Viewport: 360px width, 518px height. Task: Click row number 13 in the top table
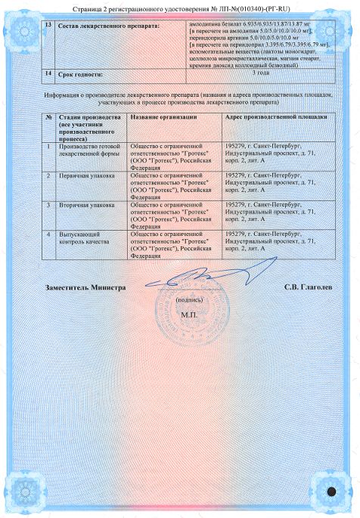49,26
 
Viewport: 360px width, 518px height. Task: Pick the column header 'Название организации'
163,118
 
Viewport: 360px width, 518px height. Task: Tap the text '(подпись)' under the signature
187,299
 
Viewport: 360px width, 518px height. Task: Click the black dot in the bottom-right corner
330,491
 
